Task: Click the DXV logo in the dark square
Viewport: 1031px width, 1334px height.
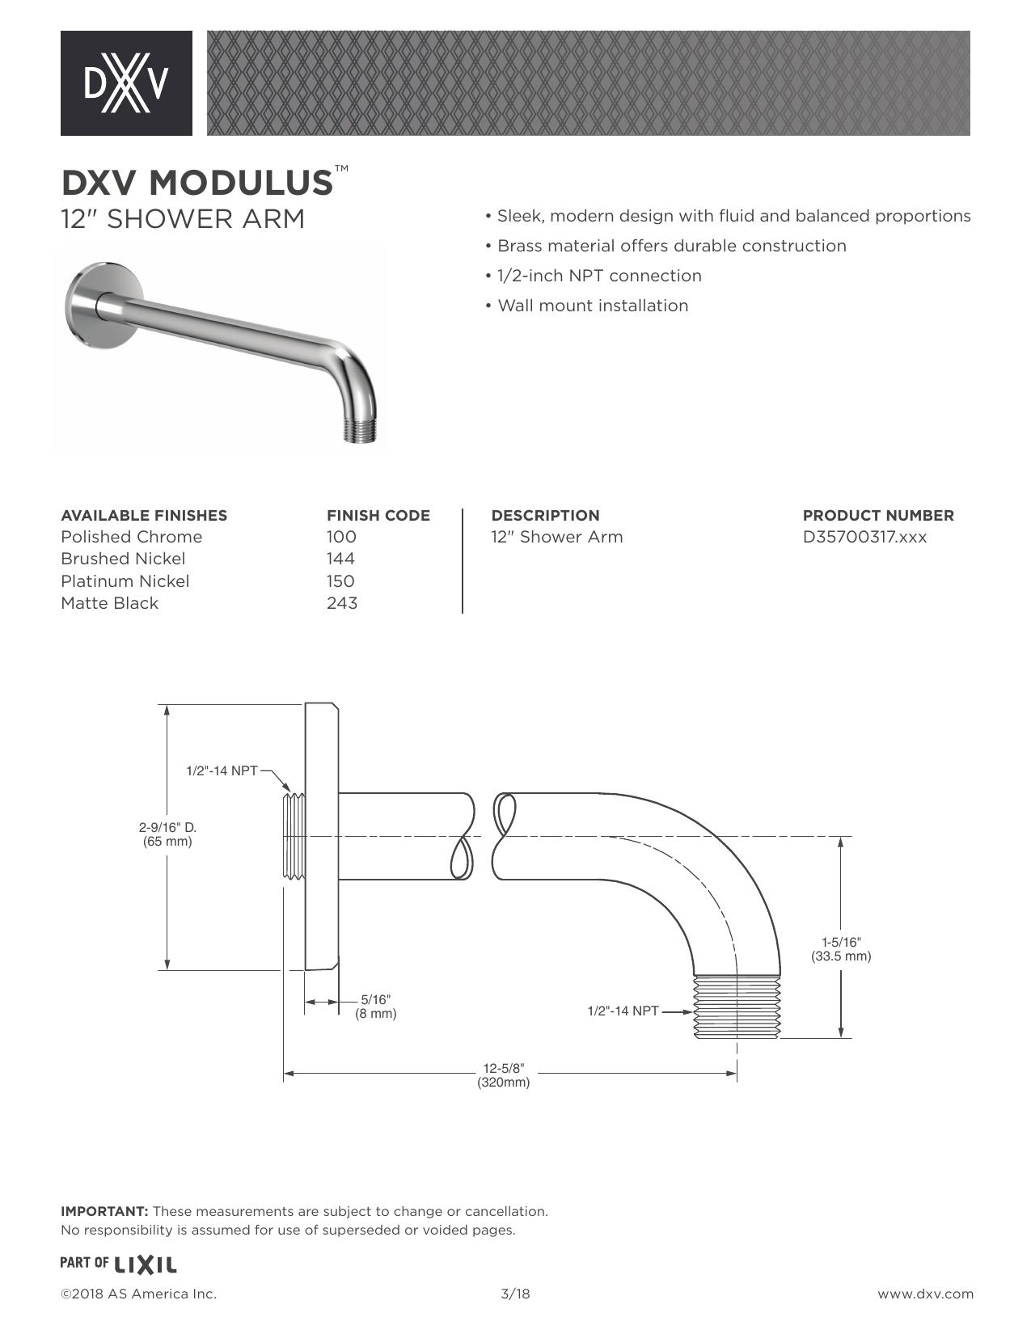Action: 126,83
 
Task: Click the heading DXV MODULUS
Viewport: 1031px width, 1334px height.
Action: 197,183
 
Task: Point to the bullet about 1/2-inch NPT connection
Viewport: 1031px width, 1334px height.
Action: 594,276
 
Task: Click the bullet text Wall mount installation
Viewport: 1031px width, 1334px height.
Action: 587,306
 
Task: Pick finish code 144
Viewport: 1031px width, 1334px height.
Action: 340,559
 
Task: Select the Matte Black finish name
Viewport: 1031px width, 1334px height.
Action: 110,603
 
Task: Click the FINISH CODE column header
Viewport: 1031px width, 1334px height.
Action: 378,515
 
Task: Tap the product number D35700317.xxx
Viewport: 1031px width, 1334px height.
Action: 864,537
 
